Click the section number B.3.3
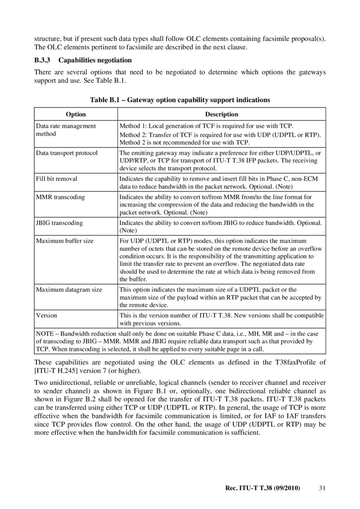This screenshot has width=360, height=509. coord(43,60)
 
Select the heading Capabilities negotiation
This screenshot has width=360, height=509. coord(95,60)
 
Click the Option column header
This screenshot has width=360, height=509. coord(76,114)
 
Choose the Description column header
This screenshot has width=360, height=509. coord(221,114)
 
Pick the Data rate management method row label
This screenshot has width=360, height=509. coord(66,130)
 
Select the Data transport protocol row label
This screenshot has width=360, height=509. coord(67,153)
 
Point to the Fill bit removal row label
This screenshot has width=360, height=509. coord(57,179)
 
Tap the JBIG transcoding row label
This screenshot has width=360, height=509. coord(59,223)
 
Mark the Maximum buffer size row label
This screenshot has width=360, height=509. coord(65,241)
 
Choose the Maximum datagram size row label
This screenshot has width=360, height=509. coord(69,290)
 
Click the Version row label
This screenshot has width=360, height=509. coord(46,315)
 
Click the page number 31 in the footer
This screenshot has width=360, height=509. coord(321,487)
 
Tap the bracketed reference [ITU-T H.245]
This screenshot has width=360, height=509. coord(56,371)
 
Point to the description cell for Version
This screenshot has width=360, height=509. coord(221,319)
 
